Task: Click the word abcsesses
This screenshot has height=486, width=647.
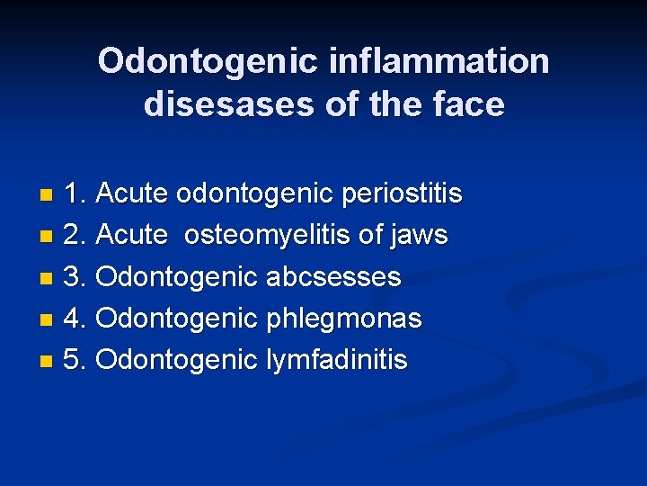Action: (333, 277)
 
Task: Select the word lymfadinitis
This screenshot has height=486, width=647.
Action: (337, 360)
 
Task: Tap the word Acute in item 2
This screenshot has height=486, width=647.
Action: (131, 236)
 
